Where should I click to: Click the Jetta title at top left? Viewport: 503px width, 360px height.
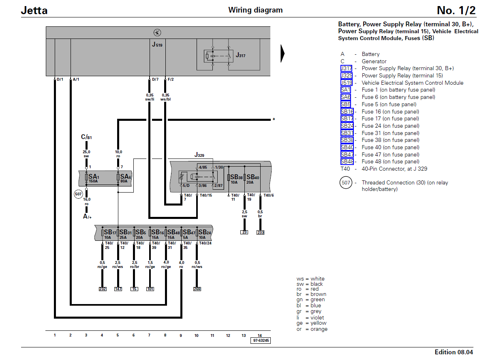(34, 11)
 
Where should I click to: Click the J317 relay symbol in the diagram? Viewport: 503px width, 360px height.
(218, 56)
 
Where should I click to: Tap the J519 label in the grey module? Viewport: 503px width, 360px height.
(157, 45)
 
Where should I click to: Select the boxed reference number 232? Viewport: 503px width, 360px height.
(103, 289)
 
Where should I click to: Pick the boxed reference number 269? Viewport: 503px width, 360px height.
(197, 289)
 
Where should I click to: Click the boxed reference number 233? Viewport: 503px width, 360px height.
(260, 232)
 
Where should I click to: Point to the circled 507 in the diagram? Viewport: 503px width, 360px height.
(78, 194)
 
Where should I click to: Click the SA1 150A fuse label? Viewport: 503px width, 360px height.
(94, 178)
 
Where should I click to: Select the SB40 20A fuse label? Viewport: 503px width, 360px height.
(253, 179)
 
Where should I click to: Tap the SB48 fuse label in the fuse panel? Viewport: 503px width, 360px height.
(173, 234)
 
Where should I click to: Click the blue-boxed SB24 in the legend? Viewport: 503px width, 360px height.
(347, 126)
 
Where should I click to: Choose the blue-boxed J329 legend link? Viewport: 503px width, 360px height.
(347, 76)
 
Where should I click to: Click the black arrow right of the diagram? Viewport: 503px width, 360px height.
(283, 54)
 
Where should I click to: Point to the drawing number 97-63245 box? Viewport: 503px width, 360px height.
(261, 341)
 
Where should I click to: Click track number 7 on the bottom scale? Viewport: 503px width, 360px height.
(149, 335)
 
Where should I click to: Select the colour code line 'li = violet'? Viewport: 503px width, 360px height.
(310, 317)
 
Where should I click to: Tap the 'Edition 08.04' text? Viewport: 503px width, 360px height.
(454, 352)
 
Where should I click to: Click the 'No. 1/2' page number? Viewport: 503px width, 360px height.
(456, 10)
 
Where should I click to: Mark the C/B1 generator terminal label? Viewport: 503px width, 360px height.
(86, 137)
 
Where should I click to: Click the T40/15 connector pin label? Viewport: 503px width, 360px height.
(205, 195)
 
